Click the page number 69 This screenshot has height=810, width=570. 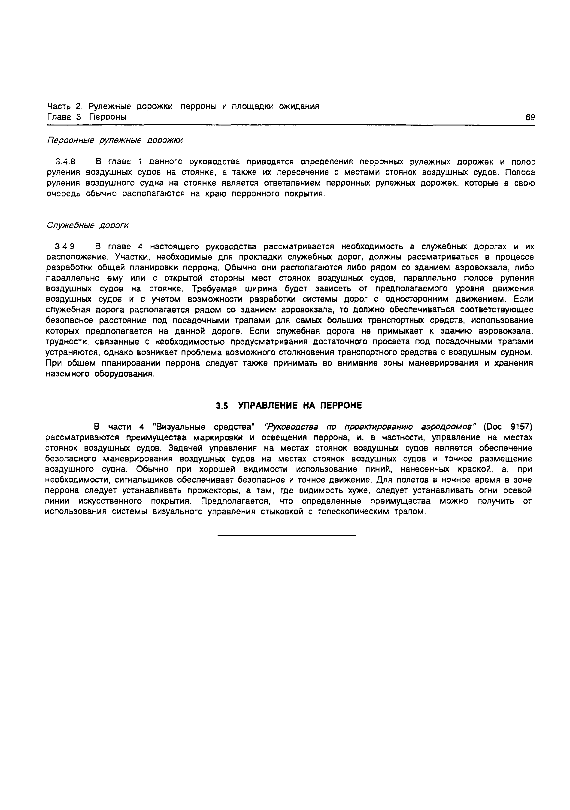530,117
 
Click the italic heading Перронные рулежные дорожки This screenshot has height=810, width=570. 115,141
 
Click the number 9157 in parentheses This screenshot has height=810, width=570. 521,427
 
